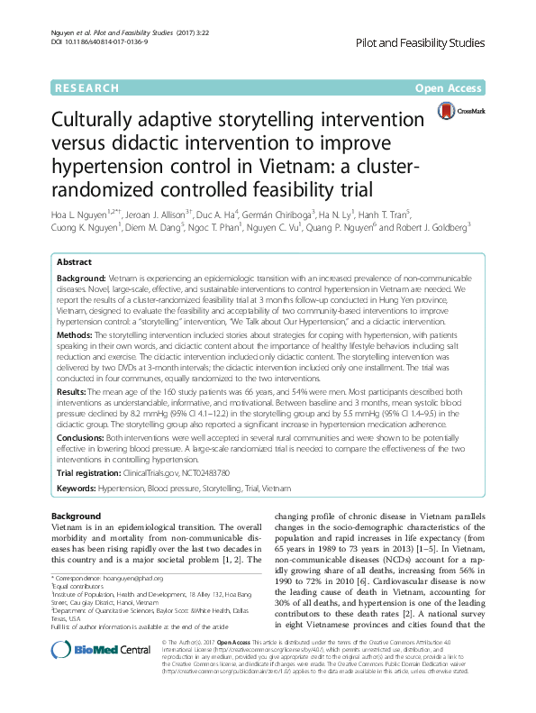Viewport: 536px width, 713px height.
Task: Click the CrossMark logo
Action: pyautogui.click(x=456, y=111)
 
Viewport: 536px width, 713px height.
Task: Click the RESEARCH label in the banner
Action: pyautogui.click(x=88, y=88)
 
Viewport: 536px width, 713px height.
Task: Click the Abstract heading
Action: pyautogui.click(x=75, y=259)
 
